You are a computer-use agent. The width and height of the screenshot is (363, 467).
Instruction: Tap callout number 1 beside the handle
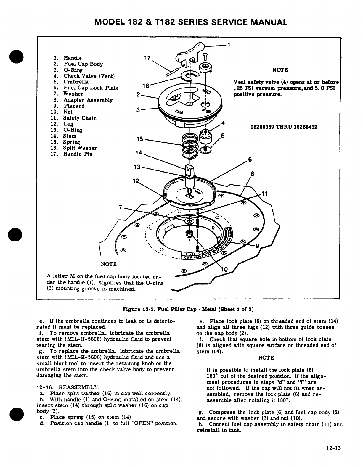(229, 45)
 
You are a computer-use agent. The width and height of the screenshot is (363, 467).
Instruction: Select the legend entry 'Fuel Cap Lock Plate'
(91, 88)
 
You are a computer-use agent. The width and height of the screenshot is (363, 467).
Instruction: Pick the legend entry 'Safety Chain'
(80, 118)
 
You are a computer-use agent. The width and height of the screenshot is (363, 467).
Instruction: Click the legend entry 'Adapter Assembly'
(88, 100)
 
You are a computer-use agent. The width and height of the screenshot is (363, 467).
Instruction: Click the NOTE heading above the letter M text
(109, 264)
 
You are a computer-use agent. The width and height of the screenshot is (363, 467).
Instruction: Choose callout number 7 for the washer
(121, 207)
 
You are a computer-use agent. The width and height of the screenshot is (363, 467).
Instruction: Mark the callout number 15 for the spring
(140, 139)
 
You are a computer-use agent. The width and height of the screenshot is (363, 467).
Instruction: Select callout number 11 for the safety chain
(265, 194)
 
